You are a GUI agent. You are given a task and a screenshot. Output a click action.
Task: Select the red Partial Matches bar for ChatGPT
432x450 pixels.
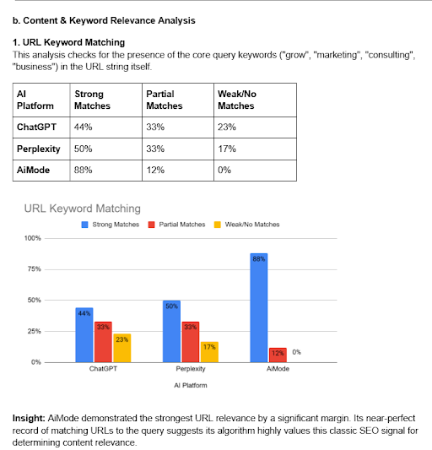103,341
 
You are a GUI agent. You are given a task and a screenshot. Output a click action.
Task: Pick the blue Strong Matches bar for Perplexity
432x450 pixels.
172,331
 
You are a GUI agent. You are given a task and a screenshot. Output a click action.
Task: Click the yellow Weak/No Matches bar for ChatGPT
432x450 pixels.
121,347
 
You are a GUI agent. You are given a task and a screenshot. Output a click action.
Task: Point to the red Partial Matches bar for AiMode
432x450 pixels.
278,354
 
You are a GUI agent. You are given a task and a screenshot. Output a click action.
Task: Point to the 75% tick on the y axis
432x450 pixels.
34,269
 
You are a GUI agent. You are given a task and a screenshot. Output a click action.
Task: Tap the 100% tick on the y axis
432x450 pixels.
33,238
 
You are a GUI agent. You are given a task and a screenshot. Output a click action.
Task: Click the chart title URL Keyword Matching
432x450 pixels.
82,208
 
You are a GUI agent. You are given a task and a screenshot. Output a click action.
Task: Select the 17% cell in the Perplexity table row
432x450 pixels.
225,149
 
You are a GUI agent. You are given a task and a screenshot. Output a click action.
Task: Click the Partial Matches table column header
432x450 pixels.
164,100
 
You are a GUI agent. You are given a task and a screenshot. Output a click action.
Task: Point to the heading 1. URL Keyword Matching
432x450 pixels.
68,42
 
